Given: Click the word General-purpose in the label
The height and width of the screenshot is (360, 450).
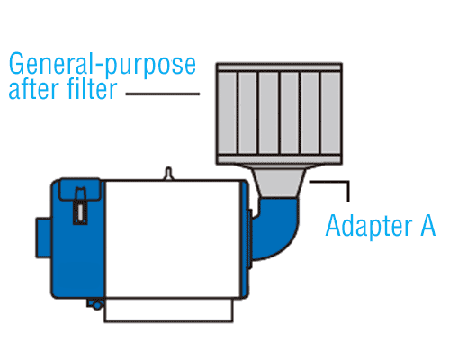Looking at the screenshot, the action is (103, 65).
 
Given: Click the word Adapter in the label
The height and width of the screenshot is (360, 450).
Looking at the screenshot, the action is (369, 226).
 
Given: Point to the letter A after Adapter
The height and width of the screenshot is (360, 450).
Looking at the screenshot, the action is (428, 224).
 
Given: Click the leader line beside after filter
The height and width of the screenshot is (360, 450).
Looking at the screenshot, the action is (163, 94).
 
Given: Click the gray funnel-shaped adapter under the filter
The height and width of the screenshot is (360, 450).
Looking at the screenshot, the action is (279, 182).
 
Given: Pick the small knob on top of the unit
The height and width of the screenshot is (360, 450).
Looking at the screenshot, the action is (168, 174).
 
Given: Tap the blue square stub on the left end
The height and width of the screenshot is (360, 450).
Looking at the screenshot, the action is (43, 238).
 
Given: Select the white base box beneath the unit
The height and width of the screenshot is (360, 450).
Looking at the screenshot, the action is (168, 310).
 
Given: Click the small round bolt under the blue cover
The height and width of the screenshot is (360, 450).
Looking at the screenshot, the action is (96, 305).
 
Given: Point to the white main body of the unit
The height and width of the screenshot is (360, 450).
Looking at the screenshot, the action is (173, 239).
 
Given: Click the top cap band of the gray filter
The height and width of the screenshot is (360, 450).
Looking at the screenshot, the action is (279, 67).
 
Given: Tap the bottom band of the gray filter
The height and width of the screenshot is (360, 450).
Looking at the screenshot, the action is (279, 159).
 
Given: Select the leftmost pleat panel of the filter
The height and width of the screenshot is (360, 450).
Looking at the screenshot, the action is (228, 113).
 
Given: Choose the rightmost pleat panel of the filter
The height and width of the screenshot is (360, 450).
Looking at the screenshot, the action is (330, 113).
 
